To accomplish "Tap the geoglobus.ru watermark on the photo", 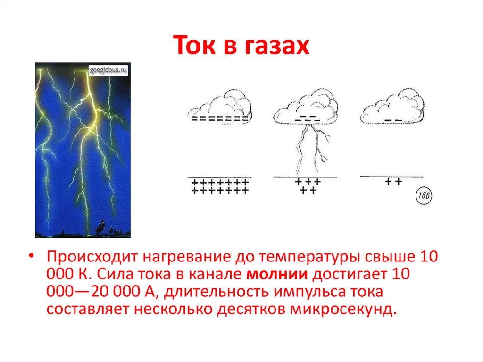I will pyautogui.click(x=109, y=70).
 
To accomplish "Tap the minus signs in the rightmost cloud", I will pyautogui.click(x=393, y=121).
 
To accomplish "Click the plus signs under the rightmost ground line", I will pyautogui.click(x=392, y=181).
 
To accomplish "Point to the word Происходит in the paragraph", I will pyautogui.click(x=88, y=257).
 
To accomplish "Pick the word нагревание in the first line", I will pyautogui.click(x=182, y=257).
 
